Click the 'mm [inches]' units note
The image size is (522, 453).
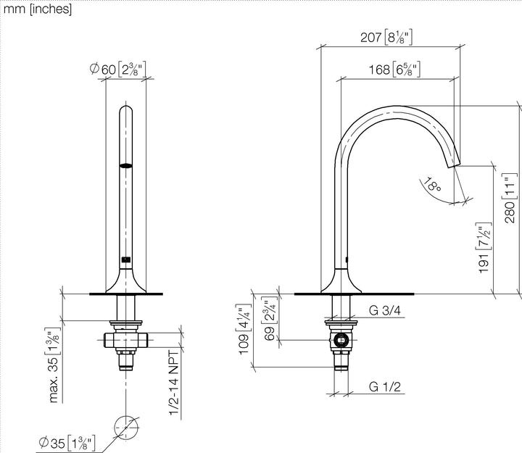(x=37, y=10)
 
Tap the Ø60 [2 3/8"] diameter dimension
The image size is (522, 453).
(x=118, y=70)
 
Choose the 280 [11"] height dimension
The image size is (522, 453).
(x=510, y=198)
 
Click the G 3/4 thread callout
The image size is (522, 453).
(x=384, y=311)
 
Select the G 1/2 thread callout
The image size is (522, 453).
(x=384, y=387)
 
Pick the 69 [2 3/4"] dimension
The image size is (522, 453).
(x=268, y=319)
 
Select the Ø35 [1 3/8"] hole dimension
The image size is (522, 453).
(x=67, y=442)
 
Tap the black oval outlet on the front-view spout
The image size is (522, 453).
(x=126, y=166)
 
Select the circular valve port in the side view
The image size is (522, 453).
(x=341, y=338)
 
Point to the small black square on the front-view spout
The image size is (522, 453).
(x=126, y=259)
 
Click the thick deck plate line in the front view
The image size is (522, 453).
(x=126, y=294)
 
